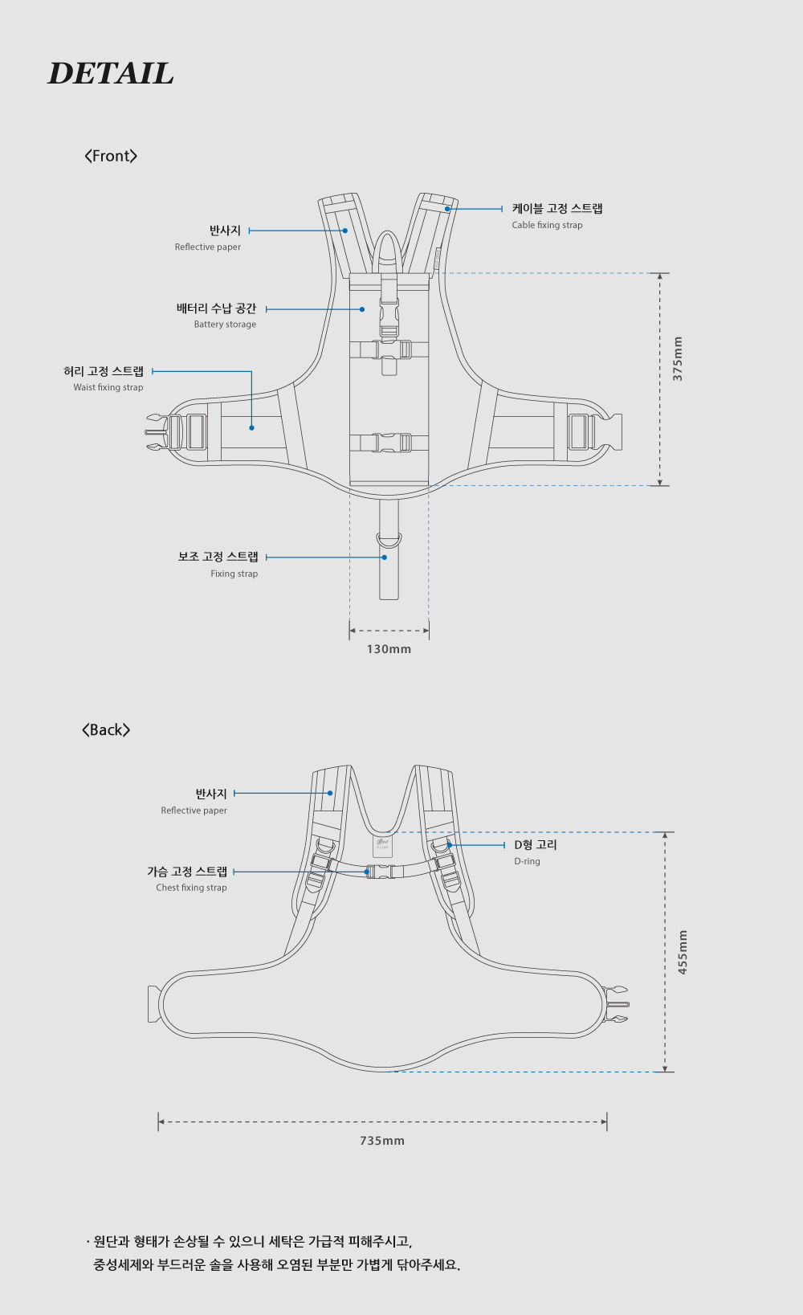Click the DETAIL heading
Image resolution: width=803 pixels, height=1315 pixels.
111,74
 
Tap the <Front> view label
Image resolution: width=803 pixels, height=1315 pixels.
111,156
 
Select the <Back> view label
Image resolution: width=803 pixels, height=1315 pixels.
106,729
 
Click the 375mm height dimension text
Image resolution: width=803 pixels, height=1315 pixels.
678,359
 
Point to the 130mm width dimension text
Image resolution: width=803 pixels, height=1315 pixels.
389,649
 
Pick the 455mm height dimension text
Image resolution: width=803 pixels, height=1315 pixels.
683,953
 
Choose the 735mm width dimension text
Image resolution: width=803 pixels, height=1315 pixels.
382,1141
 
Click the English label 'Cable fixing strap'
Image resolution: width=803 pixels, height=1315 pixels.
547,225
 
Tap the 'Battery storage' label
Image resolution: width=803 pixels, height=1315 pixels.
225,325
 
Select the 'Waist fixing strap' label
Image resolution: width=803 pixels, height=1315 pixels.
108,387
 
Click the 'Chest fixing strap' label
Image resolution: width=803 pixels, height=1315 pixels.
191,888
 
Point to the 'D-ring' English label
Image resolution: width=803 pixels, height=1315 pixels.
527,861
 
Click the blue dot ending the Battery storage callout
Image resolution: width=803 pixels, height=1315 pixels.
362,309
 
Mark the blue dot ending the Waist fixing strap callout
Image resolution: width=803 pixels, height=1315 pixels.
251,427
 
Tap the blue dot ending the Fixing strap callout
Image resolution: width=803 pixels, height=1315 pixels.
385,557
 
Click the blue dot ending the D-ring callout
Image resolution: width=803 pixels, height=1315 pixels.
450,845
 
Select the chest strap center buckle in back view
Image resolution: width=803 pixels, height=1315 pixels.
381,872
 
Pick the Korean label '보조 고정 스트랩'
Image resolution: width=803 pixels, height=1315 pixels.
218,557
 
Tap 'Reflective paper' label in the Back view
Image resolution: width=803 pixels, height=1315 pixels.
194,811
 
